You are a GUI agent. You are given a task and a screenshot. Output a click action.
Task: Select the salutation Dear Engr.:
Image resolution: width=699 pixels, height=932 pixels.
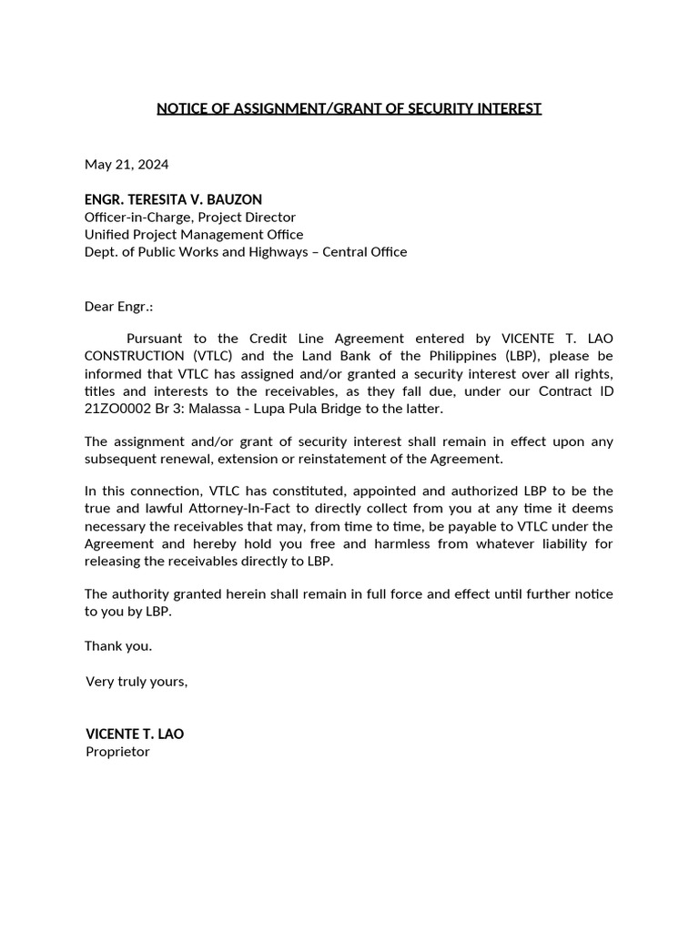click(x=118, y=308)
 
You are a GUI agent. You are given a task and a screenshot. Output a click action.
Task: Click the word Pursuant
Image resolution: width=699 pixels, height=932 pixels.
click(x=156, y=339)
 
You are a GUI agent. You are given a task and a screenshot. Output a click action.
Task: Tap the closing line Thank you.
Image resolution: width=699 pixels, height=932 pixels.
click(x=118, y=646)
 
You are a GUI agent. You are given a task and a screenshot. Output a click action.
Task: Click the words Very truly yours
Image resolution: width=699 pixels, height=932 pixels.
click(x=137, y=681)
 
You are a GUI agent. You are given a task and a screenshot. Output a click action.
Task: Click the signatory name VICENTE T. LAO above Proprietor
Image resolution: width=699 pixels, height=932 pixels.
click(x=135, y=734)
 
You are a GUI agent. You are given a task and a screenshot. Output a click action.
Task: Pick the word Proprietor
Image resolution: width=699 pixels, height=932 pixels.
click(x=117, y=752)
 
